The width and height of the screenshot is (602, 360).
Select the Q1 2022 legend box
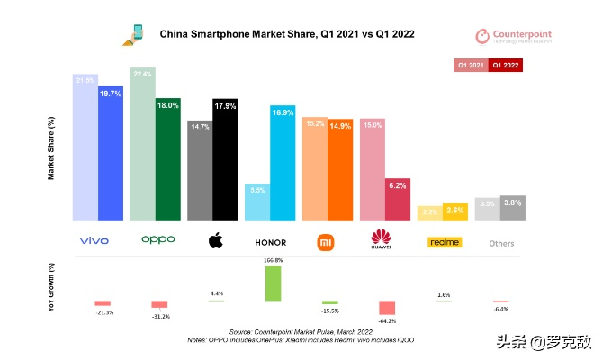coord(506,66)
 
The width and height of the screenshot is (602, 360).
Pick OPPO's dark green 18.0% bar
coord(168,159)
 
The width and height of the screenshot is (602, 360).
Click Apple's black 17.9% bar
coord(225,159)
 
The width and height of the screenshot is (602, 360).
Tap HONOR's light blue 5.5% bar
coord(257,202)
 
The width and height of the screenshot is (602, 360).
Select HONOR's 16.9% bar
coord(283,163)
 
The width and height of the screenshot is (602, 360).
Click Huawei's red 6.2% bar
coord(398,199)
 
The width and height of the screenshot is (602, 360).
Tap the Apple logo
coord(215,241)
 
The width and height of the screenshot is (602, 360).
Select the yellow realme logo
coord(444,242)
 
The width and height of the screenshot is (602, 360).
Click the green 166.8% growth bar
coord(271,283)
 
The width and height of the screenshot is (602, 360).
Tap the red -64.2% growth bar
coord(387,307)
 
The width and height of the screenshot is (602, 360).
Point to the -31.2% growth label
coord(160,315)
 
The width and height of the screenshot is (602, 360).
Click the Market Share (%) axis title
coord(51,148)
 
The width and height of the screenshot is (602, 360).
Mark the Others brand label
coord(501,243)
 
